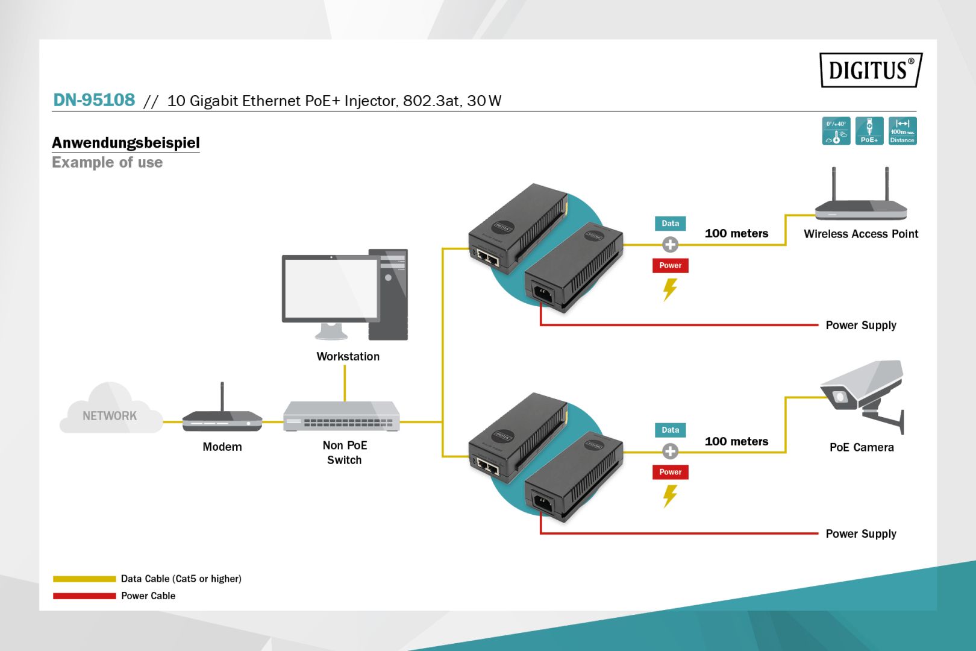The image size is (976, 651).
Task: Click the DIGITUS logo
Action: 870,70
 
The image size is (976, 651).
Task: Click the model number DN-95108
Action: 94,100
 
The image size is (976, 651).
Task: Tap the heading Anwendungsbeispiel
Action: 125,143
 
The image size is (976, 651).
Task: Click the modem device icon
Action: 222,418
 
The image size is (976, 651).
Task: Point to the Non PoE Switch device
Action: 342,417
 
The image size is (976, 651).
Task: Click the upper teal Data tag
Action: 670,224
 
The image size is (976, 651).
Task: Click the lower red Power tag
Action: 670,472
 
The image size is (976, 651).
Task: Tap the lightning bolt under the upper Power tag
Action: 670,289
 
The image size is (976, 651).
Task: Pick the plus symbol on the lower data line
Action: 670,451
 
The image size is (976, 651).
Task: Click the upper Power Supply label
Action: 860,325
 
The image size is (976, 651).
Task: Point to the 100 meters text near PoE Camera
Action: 736,441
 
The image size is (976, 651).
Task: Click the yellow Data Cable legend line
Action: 84,579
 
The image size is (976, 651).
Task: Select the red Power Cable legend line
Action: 84,596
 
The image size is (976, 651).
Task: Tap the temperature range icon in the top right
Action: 836,131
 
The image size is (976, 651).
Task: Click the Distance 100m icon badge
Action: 902,131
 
